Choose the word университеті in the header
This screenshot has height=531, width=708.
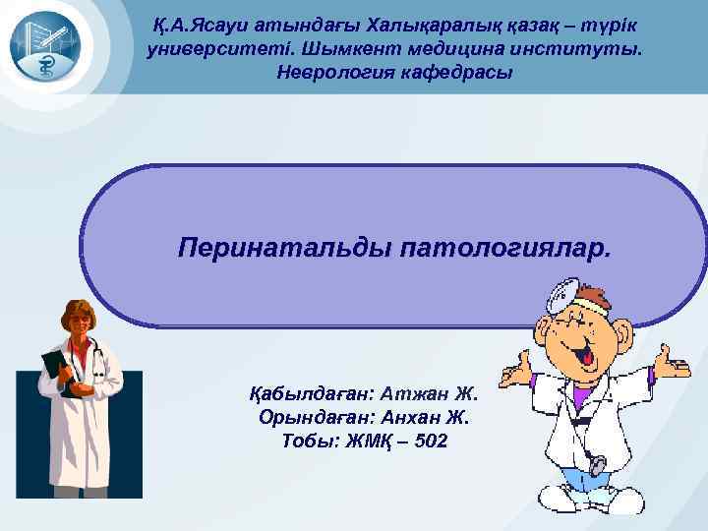point(225,49)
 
